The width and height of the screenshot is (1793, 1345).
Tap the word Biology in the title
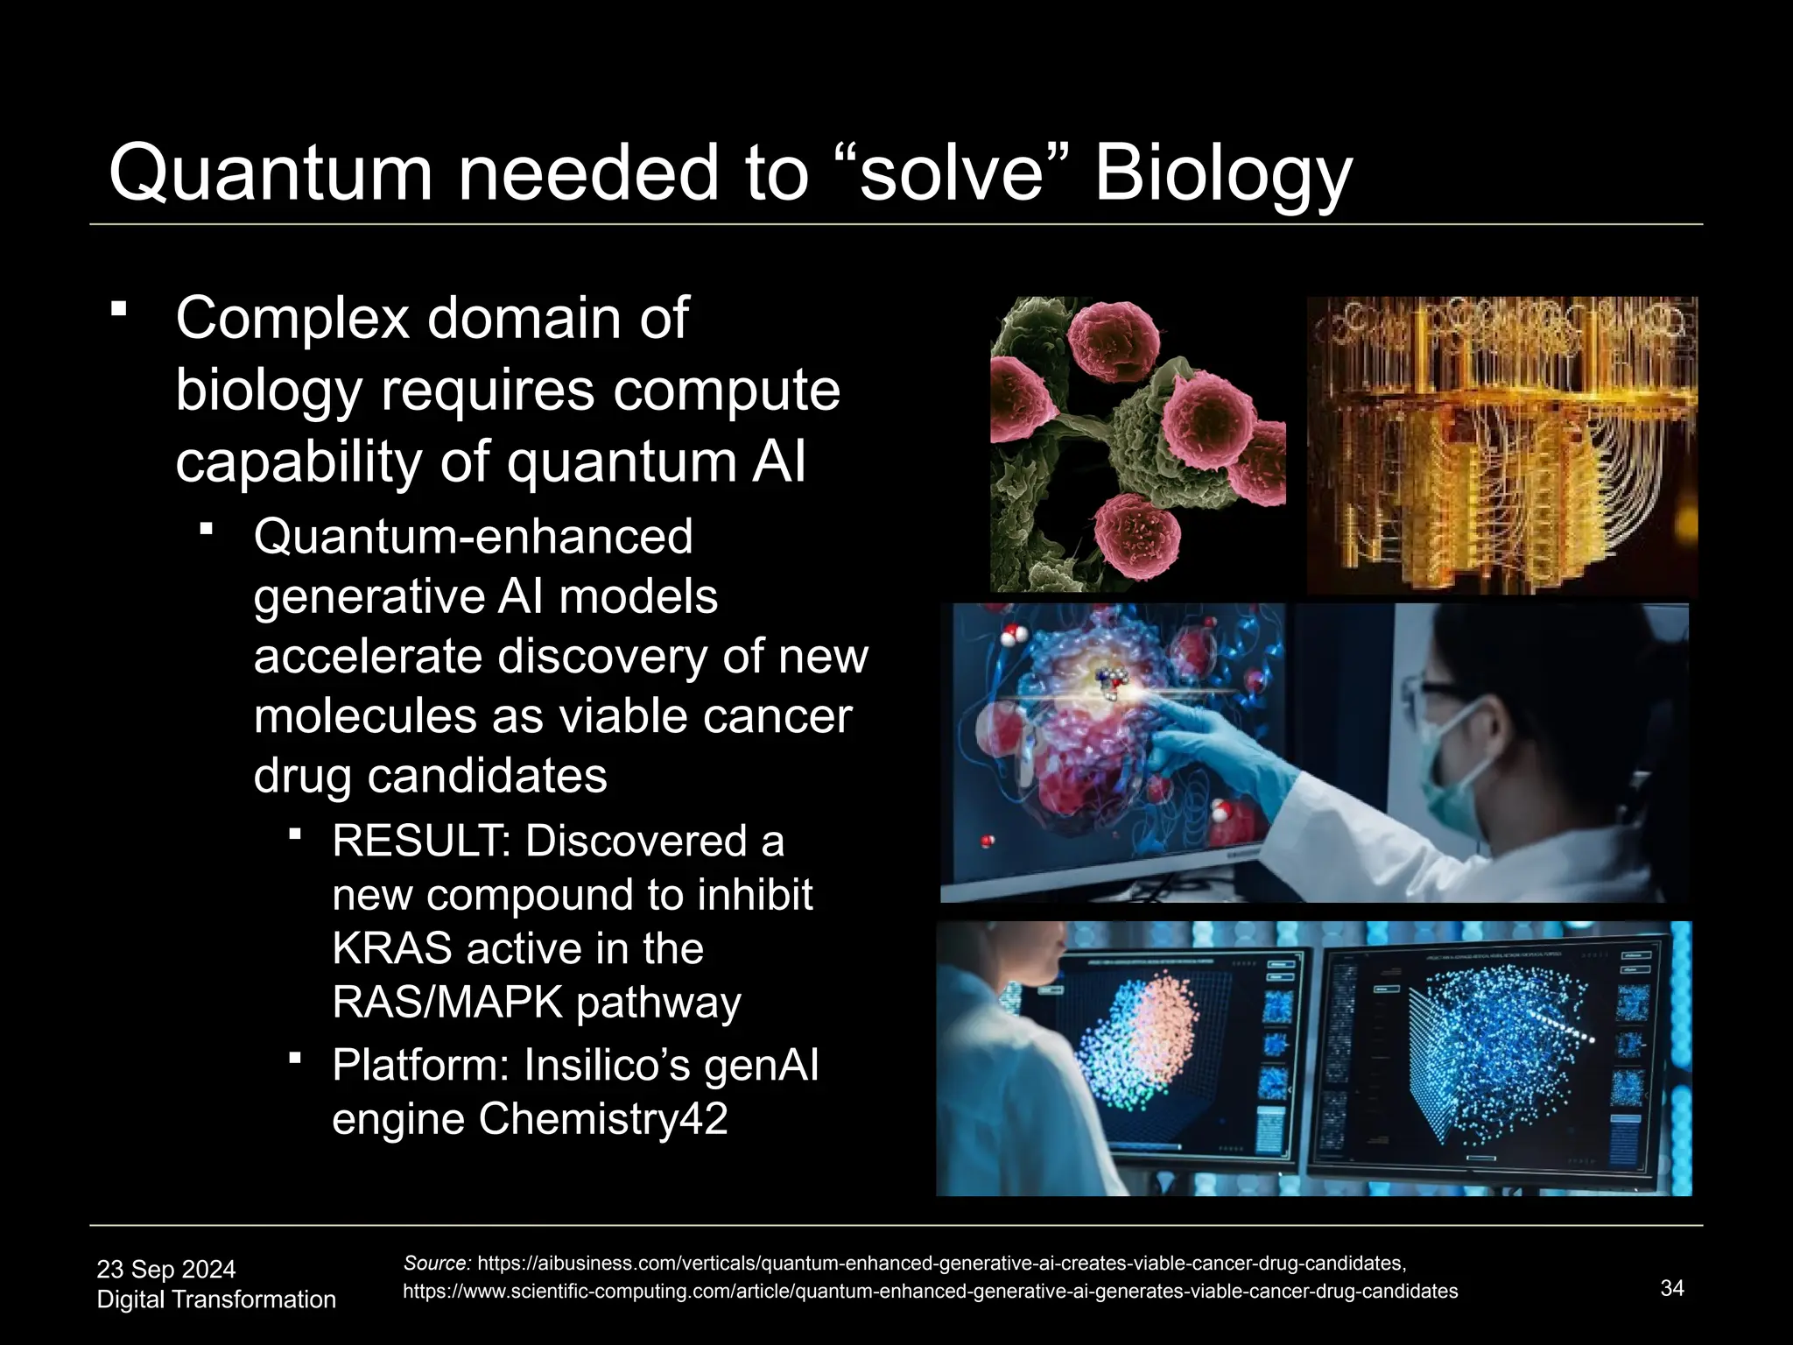(x=1223, y=173)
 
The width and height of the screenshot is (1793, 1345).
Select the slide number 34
(x=1672, y=1287)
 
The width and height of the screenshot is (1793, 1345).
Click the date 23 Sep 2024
(x=166, y=1269)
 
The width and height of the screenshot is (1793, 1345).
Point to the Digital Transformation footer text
(x=216, y=1299)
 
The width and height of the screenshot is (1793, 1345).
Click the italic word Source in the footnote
(x=437, y=1263)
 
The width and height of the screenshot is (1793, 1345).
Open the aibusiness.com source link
(x=942, y=1263)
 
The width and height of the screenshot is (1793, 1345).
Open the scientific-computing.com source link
(x=930, y=1291)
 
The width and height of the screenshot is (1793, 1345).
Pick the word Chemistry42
(x=603, y=1119)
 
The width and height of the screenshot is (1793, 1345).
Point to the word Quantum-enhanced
(x=473, y=536)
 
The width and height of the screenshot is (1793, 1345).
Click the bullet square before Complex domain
(x=119, y=309)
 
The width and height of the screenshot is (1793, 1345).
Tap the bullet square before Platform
(x=295, y=1059)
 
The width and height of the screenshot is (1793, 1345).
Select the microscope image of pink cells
(x=1137, y=444)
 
